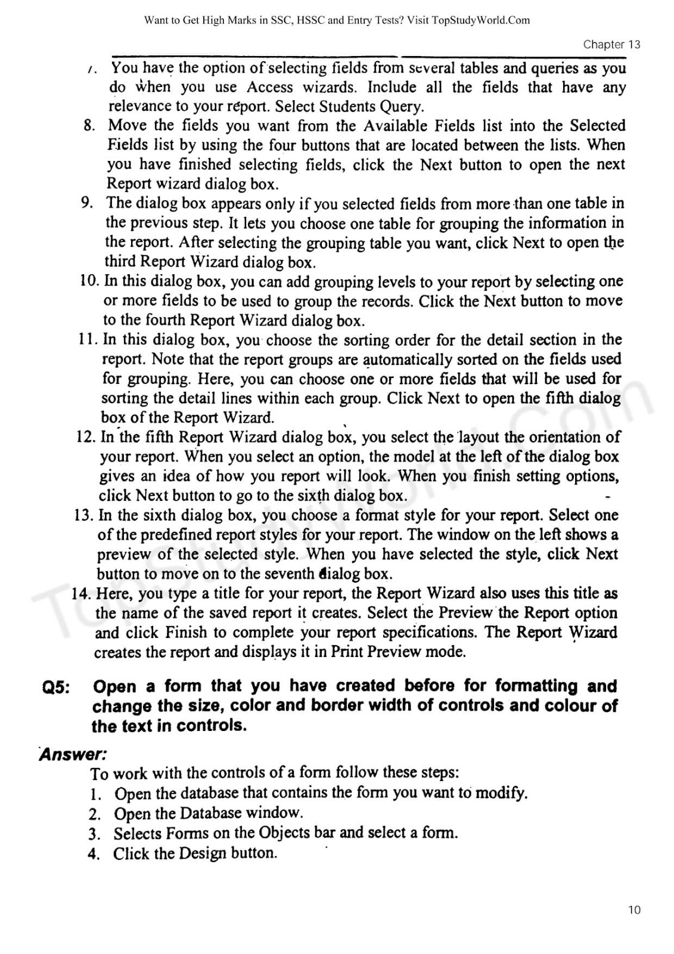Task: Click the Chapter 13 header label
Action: coord(611,45)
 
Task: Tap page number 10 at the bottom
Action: coord(634,910)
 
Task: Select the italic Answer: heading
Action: coord(73,754)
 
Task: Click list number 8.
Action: coord(89,126)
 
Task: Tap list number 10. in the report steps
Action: coord(89,281)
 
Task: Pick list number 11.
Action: coord(88,339)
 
